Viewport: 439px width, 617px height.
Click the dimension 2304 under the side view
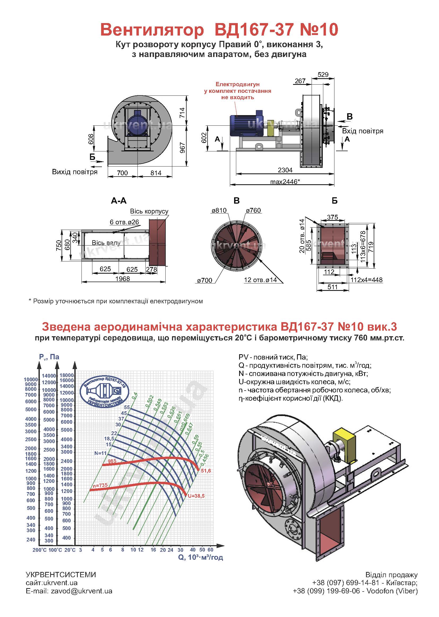pos(285,170)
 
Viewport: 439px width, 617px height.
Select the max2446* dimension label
pos(285,182)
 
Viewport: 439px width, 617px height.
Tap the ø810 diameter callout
pos(219,210)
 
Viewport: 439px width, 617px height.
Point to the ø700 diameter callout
pos(205,280)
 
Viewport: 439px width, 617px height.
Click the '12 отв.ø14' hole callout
pos(260,280)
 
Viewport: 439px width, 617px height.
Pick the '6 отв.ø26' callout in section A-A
pos(124,222)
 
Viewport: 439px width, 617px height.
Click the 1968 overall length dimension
pos(122,279)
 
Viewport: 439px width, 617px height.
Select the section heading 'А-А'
pos(119,201)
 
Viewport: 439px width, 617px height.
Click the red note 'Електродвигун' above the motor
pos(237,85)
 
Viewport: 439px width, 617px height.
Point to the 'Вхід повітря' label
pos(363,131)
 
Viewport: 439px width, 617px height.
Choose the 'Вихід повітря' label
pos(75,172)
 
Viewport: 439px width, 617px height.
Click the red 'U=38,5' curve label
pos(196,496)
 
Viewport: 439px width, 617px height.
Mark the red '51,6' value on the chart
pos(206,471)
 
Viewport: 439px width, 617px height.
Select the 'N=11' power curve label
pos(101,453)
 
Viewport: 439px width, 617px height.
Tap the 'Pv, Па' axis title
pos(49,357)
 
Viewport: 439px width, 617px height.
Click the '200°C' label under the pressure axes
pos(40,550)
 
